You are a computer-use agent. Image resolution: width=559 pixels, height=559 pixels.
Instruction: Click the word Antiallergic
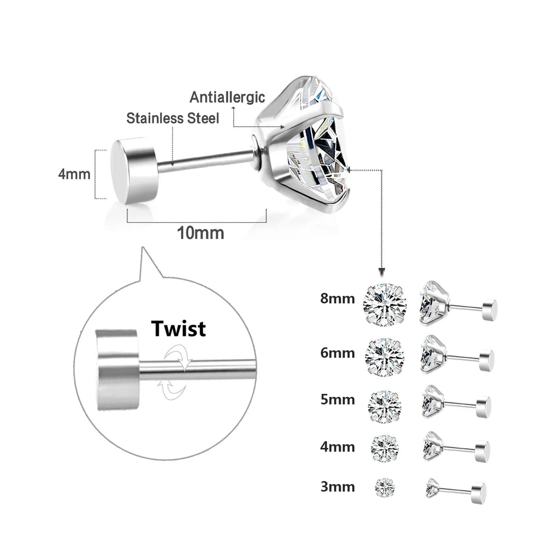tap(227, 98)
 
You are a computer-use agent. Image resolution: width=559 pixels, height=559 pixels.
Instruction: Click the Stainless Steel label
tap(173, 118)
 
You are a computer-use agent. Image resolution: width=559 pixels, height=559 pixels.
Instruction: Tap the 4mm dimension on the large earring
tap(74, 174)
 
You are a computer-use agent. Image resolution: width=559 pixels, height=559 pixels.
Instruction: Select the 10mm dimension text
tap(200, 233)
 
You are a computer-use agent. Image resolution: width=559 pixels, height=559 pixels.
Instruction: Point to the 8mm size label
tap(337, 299)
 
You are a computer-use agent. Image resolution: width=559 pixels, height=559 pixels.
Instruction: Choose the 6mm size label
tap(337, 353)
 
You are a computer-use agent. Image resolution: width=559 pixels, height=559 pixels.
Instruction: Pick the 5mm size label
tap(337, 400)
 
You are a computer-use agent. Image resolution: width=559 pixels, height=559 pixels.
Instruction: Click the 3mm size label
tap(337, 486)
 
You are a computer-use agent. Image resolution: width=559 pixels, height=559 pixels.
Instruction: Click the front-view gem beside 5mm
tap(385, 405)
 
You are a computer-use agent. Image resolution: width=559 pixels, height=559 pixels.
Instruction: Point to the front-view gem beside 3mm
tap(385, 486)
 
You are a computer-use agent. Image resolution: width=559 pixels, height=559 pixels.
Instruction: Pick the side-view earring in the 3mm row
tap(456, 489)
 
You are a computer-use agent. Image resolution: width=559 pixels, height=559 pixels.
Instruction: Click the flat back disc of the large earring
tap(133, 170)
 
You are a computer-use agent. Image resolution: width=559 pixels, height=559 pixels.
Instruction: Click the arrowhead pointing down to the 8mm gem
tap(382, 272)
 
